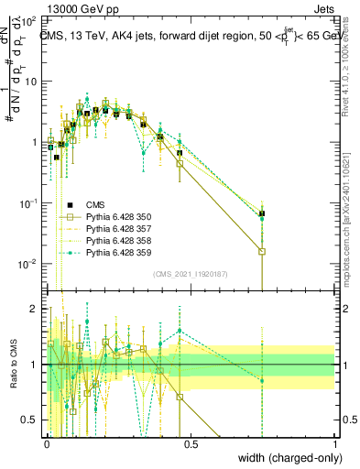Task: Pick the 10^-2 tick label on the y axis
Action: (30, 264)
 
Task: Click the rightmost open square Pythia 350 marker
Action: (262, 251)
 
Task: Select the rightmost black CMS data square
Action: (262, 213)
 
